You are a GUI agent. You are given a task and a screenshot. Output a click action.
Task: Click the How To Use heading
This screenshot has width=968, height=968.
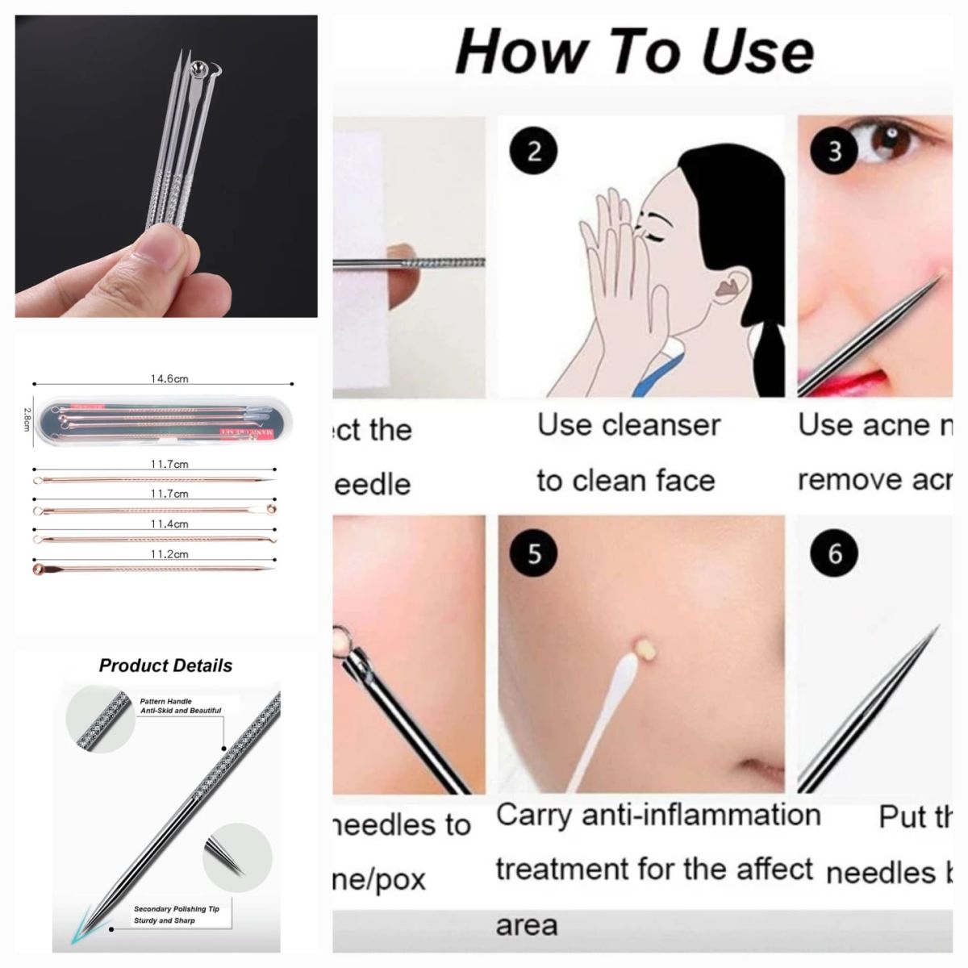(x=635, y=51)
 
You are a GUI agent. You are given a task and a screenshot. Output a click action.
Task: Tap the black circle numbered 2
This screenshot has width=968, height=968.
(x=534, y=151)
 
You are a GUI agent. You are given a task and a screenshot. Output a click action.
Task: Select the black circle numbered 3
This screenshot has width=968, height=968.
(x=834, y=151)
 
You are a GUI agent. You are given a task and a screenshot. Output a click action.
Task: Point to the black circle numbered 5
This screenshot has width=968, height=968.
(x=534, y=553)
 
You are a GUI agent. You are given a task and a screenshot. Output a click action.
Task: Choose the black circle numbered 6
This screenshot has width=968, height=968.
(x=834, y=553)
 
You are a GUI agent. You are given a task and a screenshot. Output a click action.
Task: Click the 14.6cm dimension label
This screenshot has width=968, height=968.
(x=169, y=378)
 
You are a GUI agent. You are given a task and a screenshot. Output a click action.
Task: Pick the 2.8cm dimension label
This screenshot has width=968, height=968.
(x=26, y=419)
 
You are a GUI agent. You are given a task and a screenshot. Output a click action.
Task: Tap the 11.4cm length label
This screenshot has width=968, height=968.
(x=169, y=524)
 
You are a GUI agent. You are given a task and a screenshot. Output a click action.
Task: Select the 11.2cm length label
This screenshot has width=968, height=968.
(x=169, y=554)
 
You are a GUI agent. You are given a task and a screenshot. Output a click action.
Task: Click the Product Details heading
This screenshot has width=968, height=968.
(x=165, y=665)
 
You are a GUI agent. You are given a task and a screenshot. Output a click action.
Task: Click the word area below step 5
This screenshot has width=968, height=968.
(x=526, y=924)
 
